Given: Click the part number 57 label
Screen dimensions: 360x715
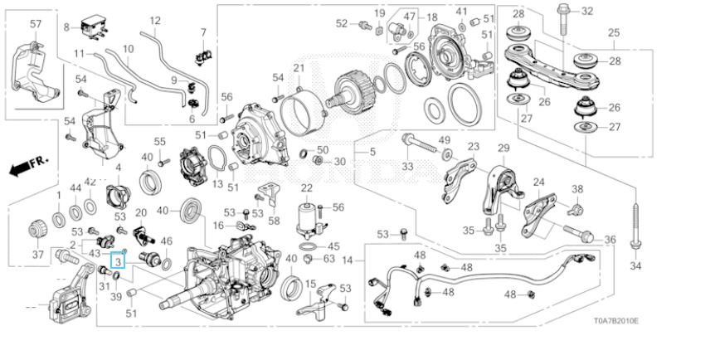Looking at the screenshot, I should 35,24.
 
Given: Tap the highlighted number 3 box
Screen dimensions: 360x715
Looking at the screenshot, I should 119,261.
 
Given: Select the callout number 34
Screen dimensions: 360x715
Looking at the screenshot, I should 635,267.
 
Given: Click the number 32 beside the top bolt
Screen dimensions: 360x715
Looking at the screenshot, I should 587,11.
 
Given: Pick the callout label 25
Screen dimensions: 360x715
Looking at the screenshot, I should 613,33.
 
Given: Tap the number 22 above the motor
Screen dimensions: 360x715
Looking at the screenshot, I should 306,189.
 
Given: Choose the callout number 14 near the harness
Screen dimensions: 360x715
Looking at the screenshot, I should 348,260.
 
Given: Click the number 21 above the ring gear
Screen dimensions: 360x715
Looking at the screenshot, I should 299,67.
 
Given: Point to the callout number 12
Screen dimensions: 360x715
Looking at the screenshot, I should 154,20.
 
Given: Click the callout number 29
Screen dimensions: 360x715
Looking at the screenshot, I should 502,148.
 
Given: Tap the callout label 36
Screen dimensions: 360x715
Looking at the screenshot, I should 610,240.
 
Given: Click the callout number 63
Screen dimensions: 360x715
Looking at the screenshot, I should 328,259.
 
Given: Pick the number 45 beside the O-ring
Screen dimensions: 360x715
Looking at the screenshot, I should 333,246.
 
